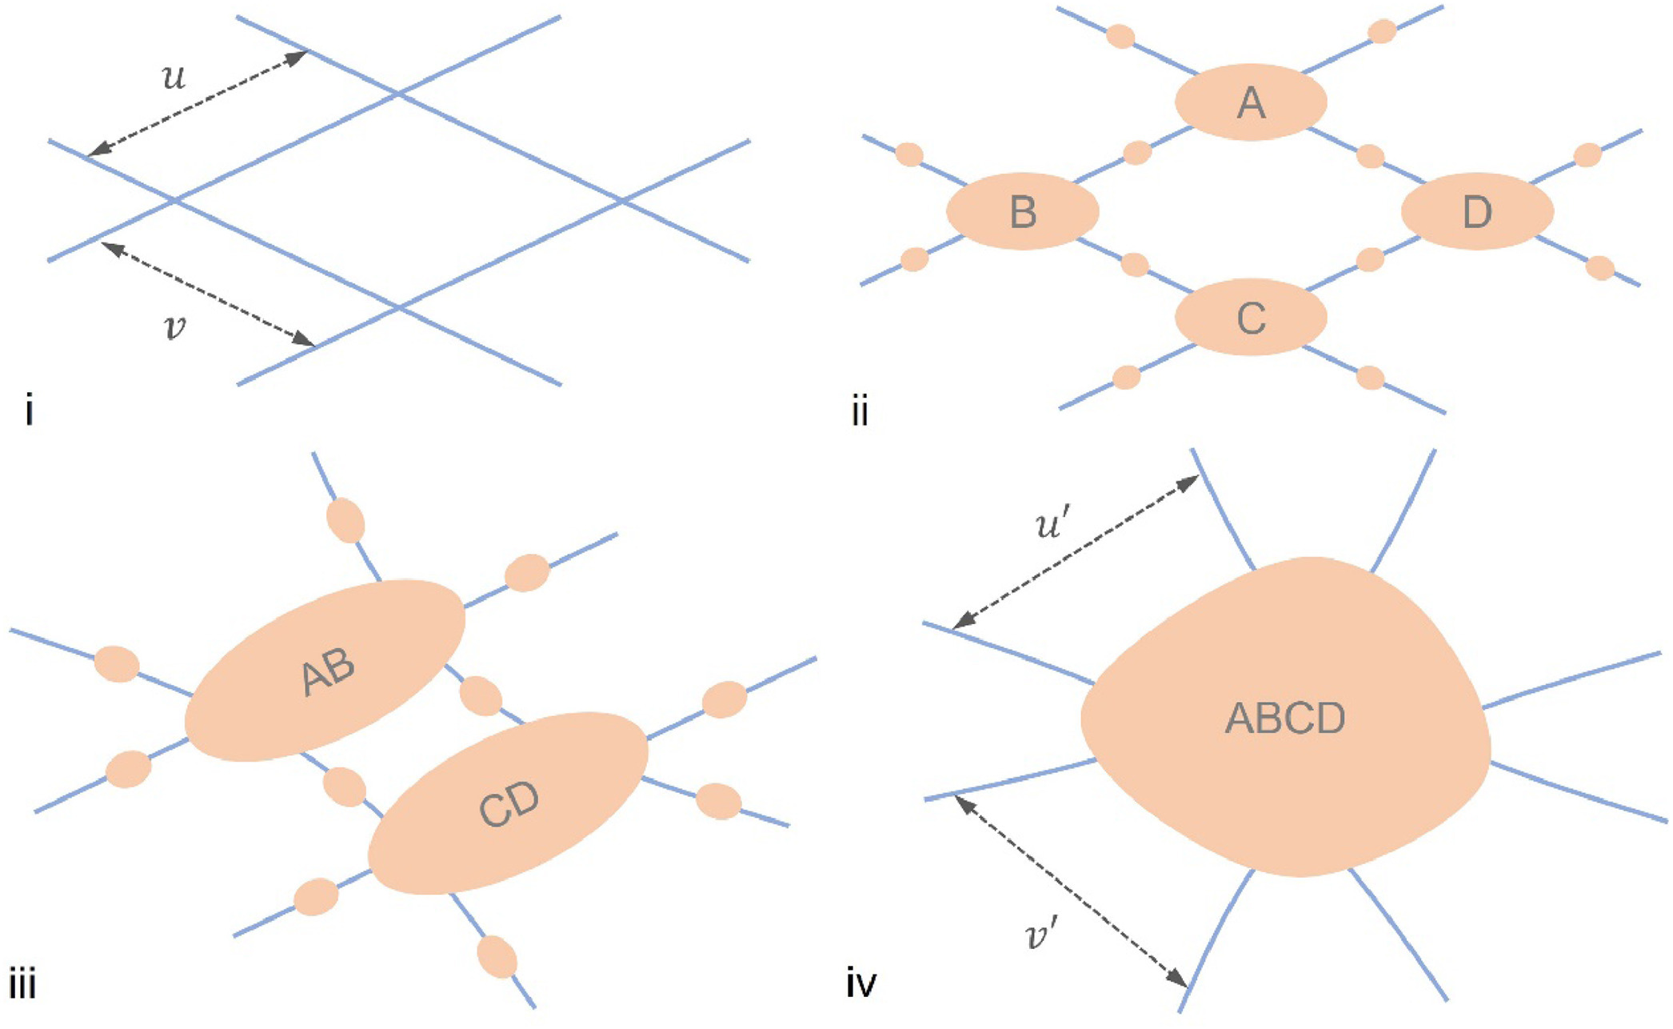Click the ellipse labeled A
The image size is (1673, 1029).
click(1251, 102)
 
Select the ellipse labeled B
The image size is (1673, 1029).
click(1023, 212)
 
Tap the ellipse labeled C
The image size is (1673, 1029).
click(1251, 318)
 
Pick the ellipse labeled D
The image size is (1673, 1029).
click(1477, 212)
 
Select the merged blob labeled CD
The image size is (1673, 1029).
click(508, 803)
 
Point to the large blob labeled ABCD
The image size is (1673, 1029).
click(1285, 718)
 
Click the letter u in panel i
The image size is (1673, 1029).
click(174, 78)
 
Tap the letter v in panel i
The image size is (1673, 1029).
click(174, 327)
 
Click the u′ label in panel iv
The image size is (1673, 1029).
click(1048, 524)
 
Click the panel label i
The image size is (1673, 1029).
click(30, 412)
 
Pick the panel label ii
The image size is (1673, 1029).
click(860, 414)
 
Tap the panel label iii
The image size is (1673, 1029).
click(22, 983)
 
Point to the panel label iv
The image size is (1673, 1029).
click(861, 983)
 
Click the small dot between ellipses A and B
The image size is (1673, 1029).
click(1137, 152)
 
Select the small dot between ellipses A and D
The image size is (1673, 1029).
click(1371, 156)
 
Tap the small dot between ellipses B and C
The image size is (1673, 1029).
click(1135, 265)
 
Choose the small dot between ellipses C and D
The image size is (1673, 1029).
click(1371, 259)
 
